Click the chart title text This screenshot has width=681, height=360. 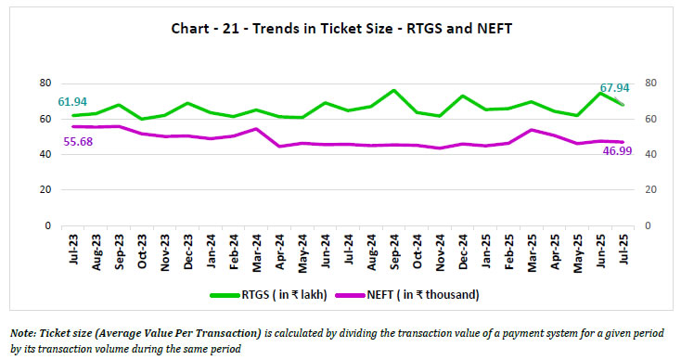pos(341,29)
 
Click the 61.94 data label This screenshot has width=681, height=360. pos(72,100)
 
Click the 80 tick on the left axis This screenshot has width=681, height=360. pos(43,83)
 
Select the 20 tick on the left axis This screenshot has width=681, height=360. pos(43,190)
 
